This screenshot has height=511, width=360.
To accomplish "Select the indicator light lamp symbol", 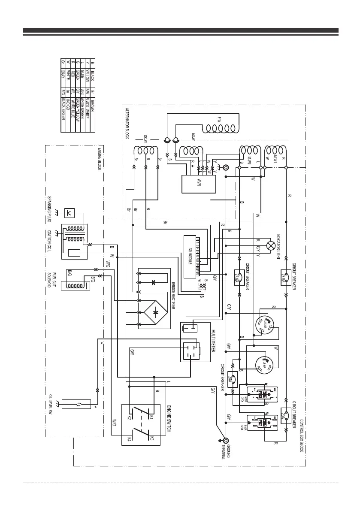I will click(x=271, y=246).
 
